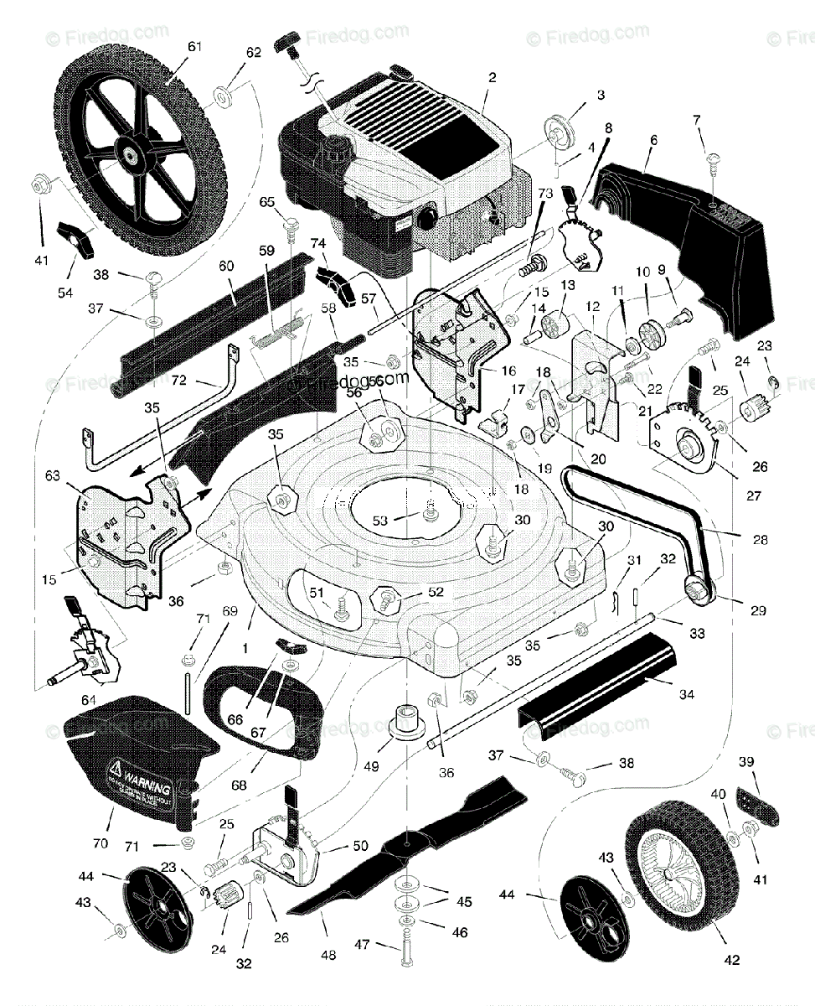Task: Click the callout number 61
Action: (194, 47)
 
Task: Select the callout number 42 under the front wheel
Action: (731, 961)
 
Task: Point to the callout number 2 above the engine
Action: (492, 77)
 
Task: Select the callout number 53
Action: (379, 521)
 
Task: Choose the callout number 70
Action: (101, 843)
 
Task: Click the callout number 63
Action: (53, 476)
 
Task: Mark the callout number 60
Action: (225, 265)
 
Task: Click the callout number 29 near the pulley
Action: (757, 611)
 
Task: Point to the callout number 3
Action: (601, 95)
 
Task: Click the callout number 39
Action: (745, 761)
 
